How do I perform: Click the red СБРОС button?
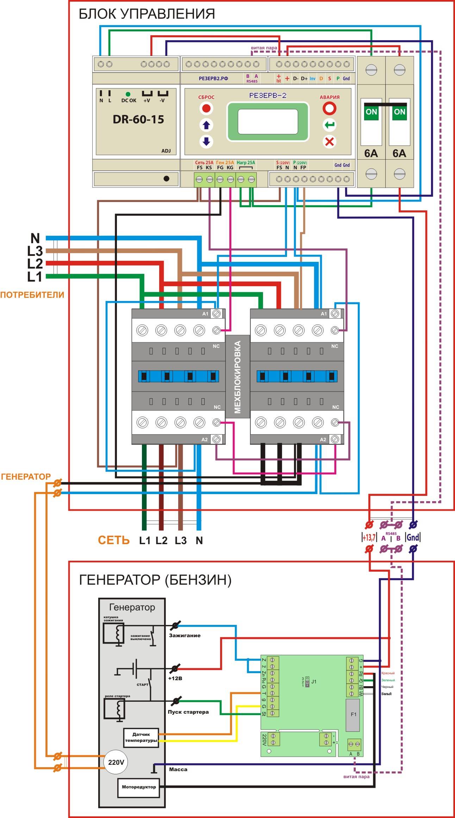(206, 108)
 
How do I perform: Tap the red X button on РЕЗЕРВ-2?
(329, 142)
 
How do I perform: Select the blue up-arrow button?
(206, 125)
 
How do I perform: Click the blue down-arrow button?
(206, 142)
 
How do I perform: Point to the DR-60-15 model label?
(138, 119)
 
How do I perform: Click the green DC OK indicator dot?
(128, 94)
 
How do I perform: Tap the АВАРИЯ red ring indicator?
(329, 109)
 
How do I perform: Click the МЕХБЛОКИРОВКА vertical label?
(238, 377)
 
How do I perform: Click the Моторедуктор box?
(138, 787)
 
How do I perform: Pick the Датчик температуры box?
(141, 737)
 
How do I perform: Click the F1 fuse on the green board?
(353, 714)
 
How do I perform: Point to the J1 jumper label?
(314, 682)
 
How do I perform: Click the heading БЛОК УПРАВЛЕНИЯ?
(147, 14)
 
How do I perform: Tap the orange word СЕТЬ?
(114, 540)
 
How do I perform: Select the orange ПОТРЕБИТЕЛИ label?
(32, 295)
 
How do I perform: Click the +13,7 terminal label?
(369, 537)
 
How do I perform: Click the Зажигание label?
(185, 635)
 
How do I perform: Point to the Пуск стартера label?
(188, 712)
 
